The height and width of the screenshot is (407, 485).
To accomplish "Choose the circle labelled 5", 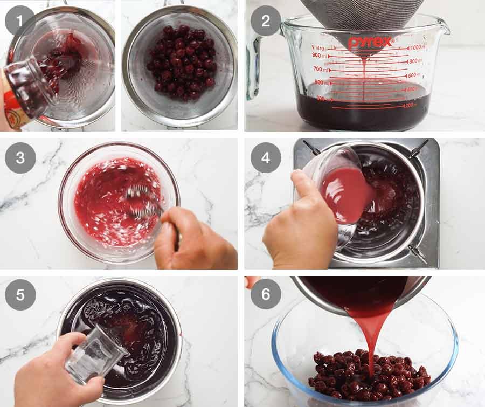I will (20, 295).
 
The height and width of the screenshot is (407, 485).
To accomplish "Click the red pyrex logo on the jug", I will (369, 42).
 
